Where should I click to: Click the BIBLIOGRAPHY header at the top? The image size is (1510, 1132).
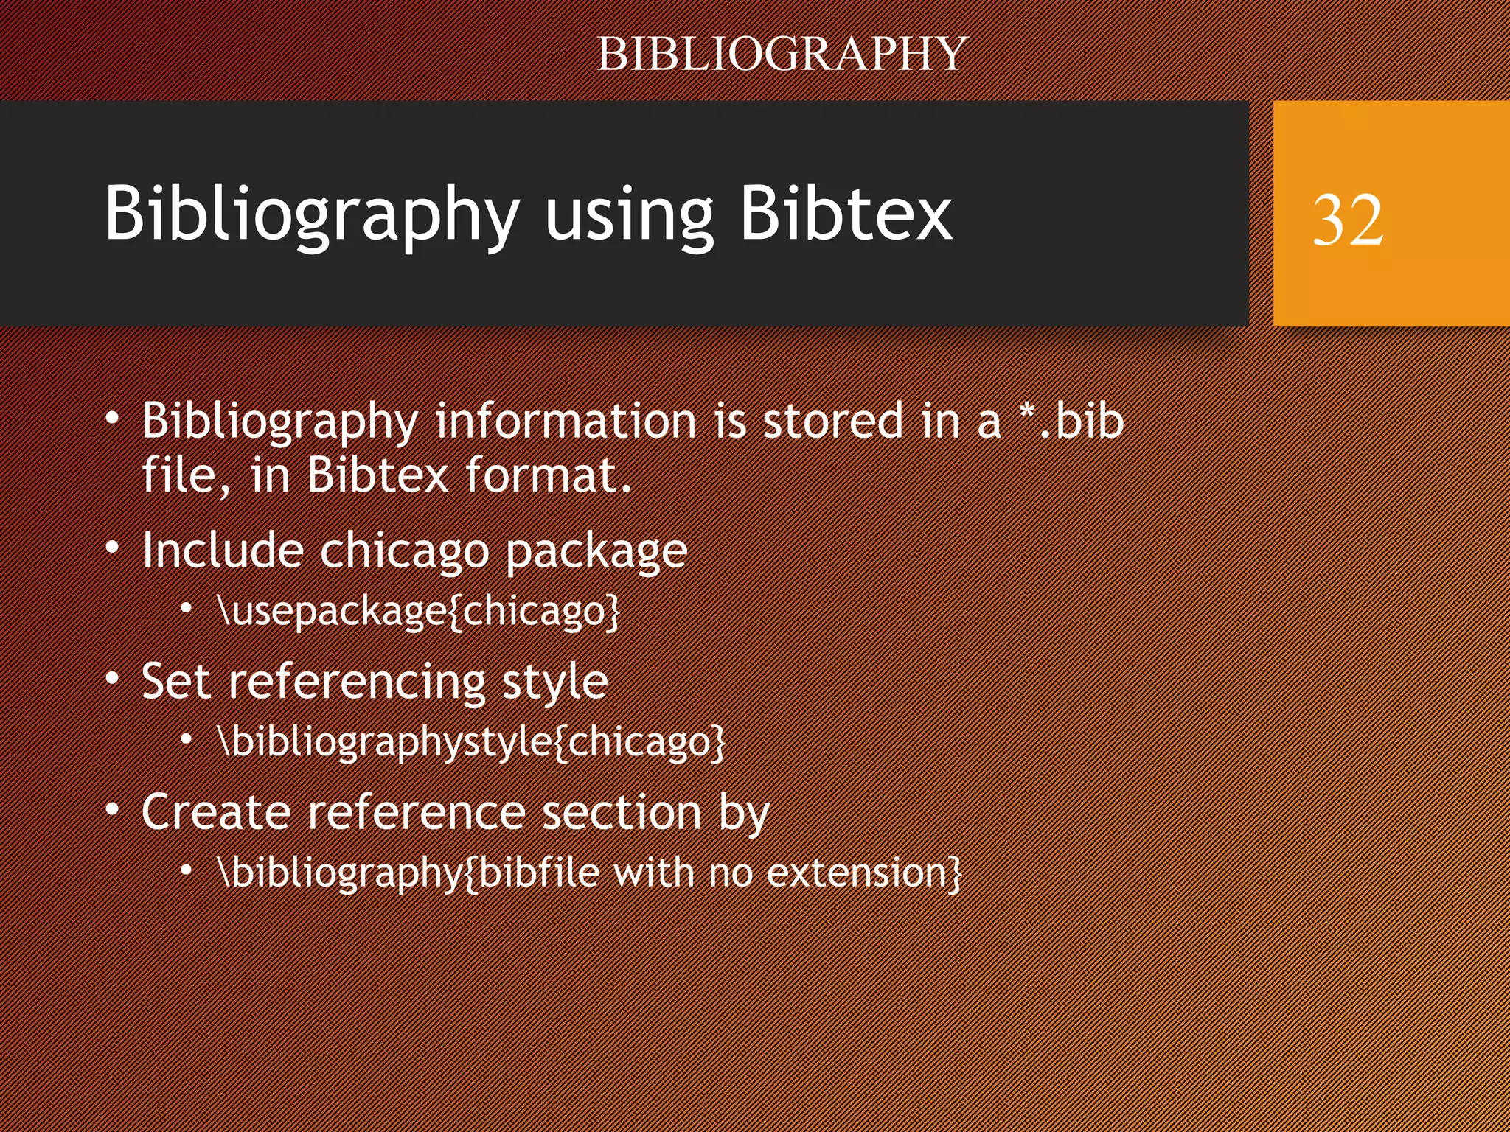(782, 54)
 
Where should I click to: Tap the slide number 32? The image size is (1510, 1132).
(1348, 220)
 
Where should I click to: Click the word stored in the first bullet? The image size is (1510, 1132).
(832, 421)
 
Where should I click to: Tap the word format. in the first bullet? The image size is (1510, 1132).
(549, 475)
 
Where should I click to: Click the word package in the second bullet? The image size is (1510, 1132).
(596, 551)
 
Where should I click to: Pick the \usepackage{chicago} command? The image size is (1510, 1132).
(419, 611)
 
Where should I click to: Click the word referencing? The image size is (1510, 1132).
(356, 681)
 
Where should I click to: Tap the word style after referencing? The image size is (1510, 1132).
(554, 681)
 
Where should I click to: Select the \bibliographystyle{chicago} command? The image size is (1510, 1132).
(472, 741)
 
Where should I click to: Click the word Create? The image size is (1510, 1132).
(216, 812)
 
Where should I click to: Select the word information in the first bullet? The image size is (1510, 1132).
(566, 421)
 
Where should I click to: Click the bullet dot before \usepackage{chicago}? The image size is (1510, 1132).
(187, 608)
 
